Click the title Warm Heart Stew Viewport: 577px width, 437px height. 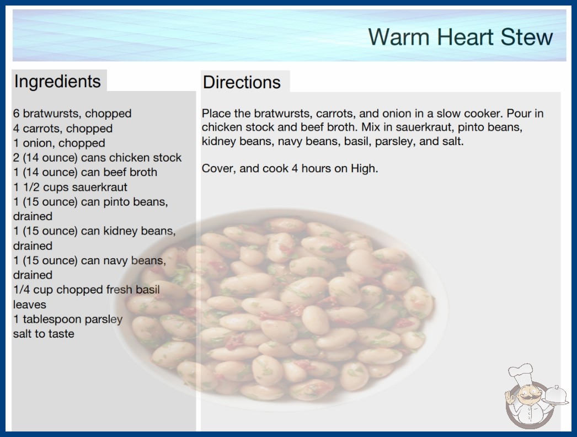click(461, 37)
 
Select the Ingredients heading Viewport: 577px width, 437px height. click(57, 81)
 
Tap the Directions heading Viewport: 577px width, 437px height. click(242, 82)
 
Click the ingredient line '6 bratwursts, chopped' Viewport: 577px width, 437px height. click(72, 114)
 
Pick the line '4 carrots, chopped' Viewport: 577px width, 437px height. click(63, 129)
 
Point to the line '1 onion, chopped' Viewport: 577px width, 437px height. click(59, 143)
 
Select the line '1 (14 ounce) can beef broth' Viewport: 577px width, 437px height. click(86, 172)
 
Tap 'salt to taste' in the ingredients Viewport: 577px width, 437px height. click(44, 334)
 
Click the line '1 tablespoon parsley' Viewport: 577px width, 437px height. click(68, 319)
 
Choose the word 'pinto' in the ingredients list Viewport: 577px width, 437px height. click(116, 202)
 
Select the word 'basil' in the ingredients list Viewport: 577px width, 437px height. click(148, 289)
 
